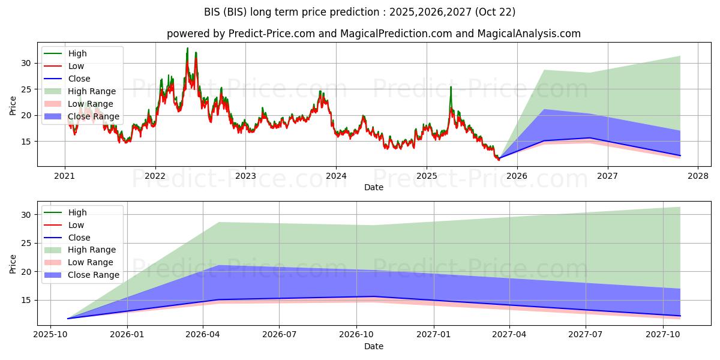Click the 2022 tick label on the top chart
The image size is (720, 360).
pos(155,176)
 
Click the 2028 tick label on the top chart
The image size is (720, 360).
pos(698,176)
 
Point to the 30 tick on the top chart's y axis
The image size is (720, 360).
pos(25,63)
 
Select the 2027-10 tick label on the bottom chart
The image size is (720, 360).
pos(664,335)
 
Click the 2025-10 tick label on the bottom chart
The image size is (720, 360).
pos(50,335)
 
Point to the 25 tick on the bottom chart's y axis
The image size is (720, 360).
pos(25,243)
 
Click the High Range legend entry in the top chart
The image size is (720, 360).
pos(92,91)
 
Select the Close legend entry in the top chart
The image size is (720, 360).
pos(79,79)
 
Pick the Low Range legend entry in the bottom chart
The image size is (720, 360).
pos(91,262)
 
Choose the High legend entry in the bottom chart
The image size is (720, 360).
pos(77,212)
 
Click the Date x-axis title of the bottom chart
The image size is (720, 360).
pos(373,346)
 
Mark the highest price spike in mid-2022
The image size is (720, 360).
pos(187,48)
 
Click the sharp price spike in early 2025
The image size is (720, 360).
pos(451,87)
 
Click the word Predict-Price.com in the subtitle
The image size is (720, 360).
pos(272,34)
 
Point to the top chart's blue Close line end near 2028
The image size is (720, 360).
pos(680,155)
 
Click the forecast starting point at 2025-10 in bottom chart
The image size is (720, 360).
pos(68,319)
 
